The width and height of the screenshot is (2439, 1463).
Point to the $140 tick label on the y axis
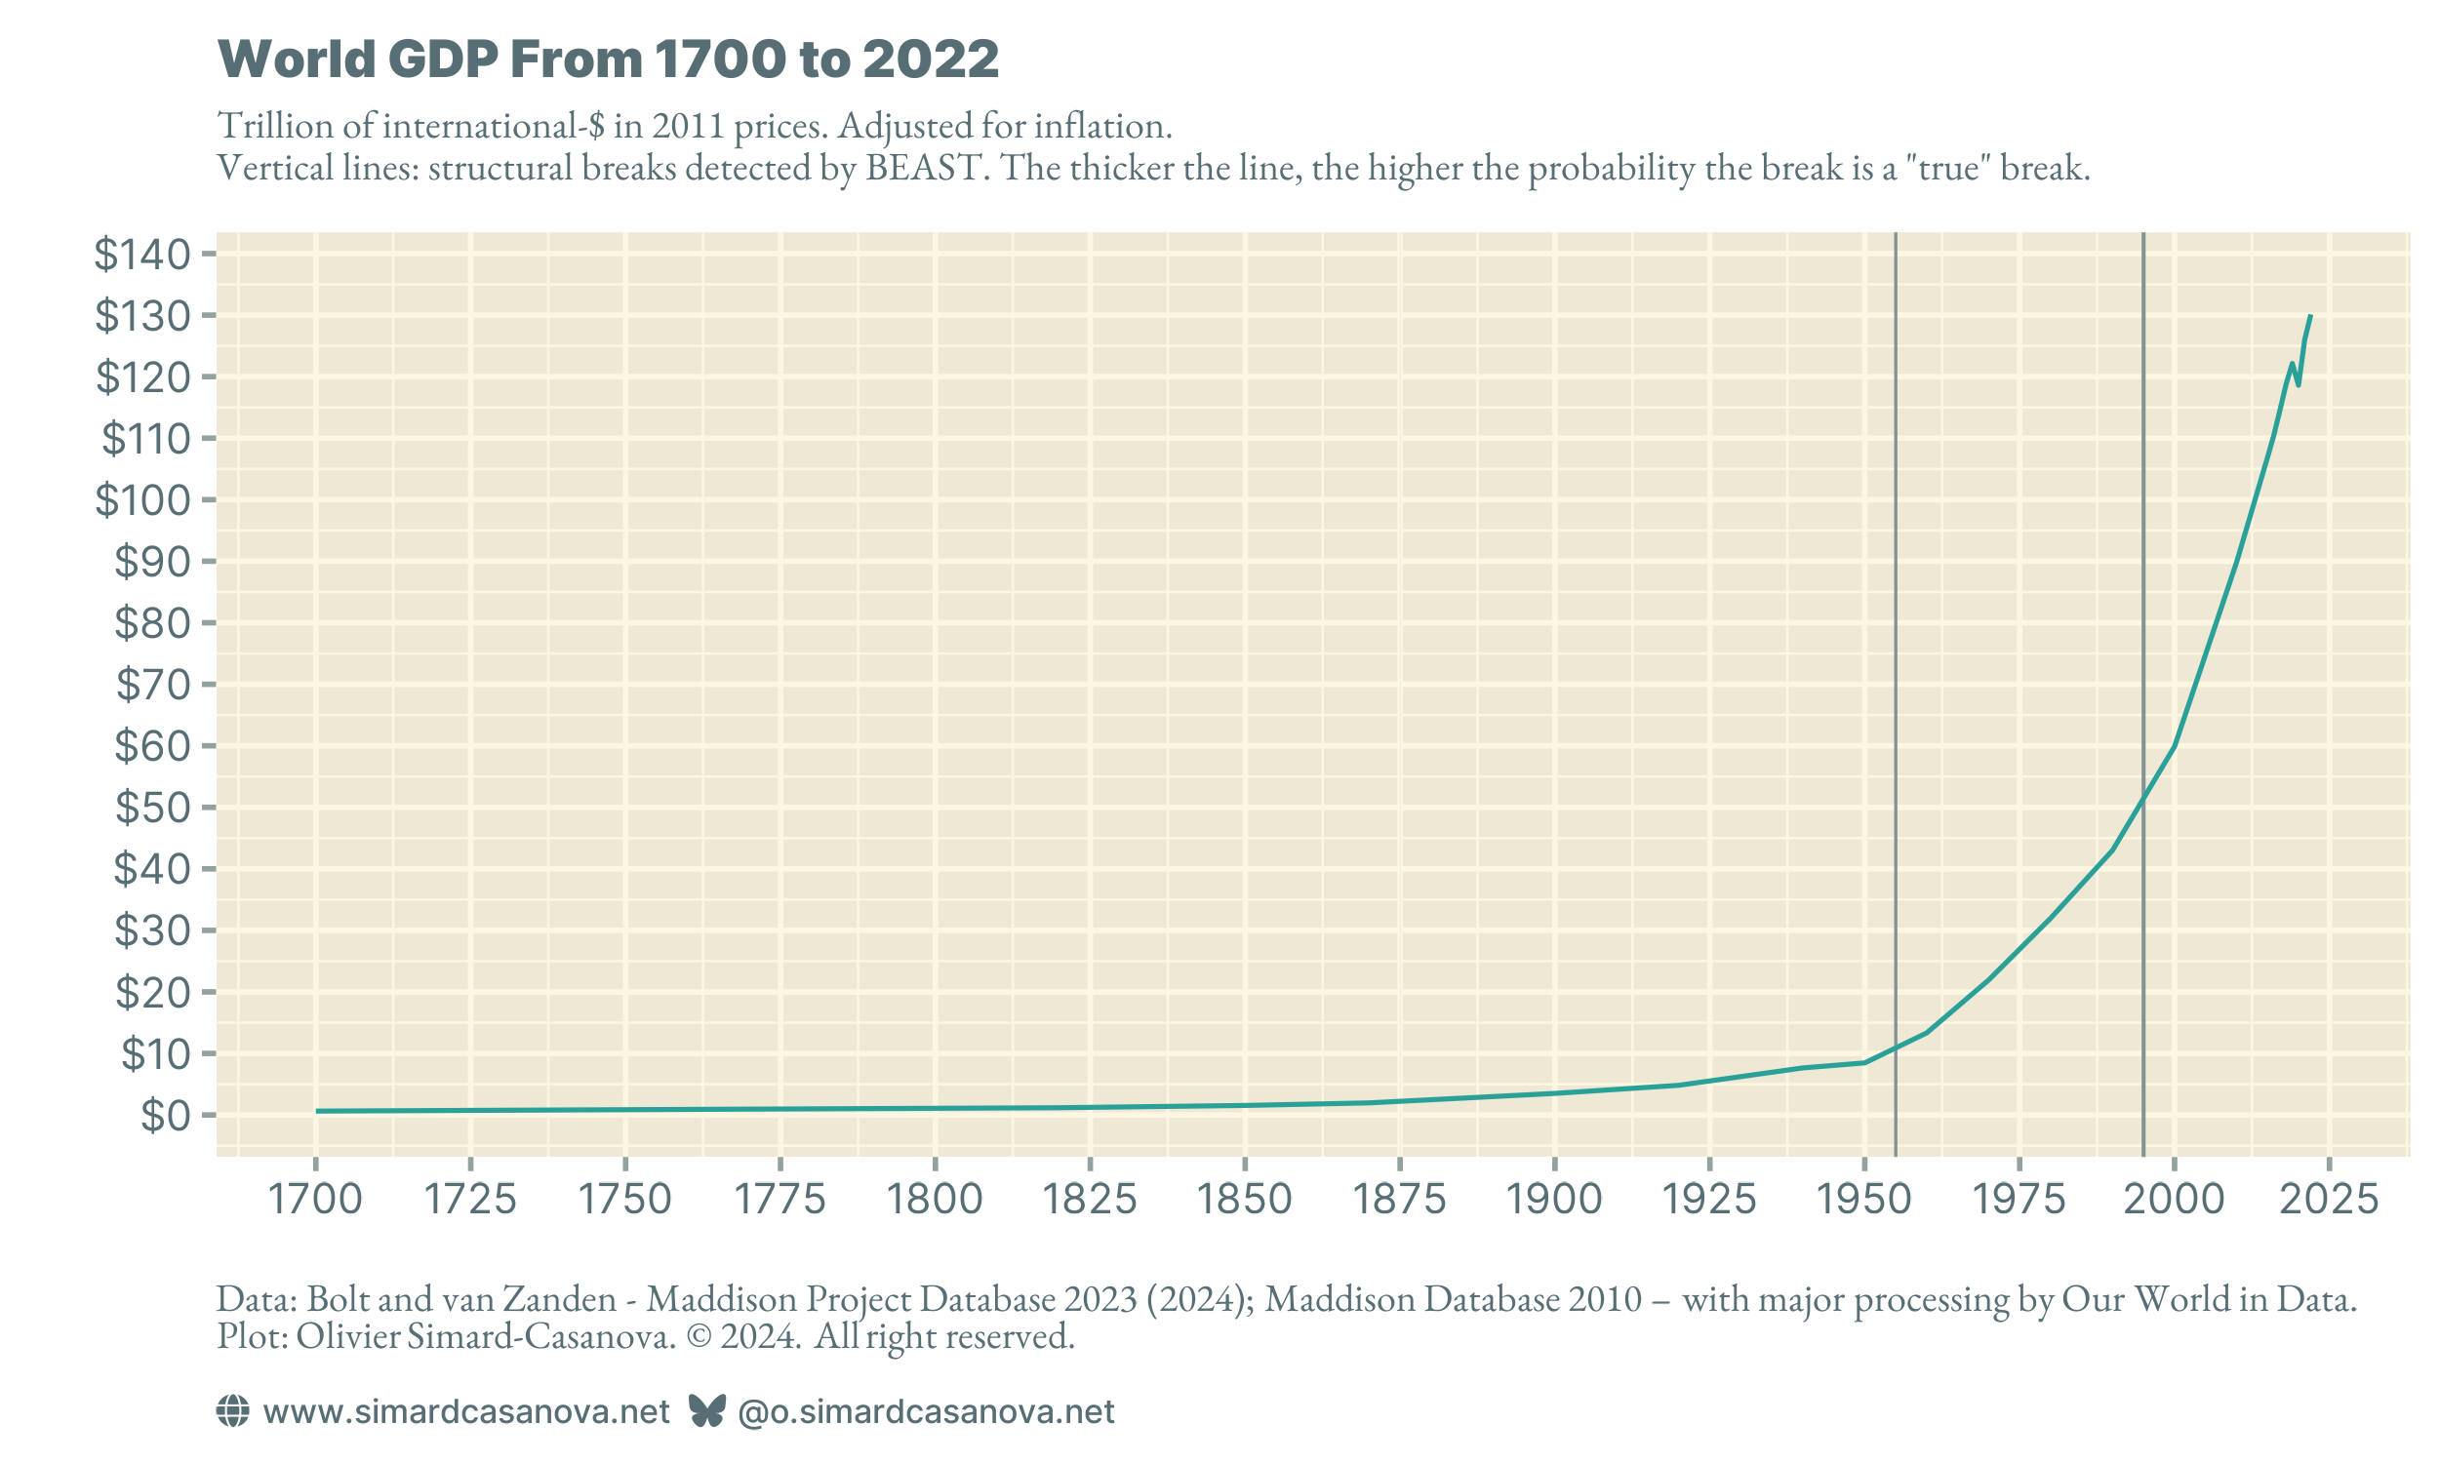click(142, 255)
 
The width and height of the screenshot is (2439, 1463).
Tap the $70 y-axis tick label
click(152, 684)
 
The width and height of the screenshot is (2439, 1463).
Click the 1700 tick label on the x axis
click(315, 1200)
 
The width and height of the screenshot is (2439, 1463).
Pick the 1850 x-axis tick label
click(1244, 1200)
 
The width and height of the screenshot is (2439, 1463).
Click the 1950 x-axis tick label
click(1863, 1200)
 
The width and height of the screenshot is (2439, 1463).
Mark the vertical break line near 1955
click(1896, 591)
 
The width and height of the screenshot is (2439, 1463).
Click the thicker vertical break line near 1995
click(2143, 591)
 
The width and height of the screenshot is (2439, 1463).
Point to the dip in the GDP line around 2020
click(2298, 383)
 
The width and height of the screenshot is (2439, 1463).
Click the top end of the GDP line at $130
click(2310, 317)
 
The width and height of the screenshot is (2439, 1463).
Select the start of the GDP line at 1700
click(318, 1111)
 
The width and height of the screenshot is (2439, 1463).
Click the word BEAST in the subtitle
click(926, 169)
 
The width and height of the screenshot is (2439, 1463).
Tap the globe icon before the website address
click(232, 1411)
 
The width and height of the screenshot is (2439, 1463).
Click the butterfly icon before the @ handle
click(707, 1411)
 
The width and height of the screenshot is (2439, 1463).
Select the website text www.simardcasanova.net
click(466, 1412)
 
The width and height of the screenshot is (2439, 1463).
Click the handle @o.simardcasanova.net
click(926, 1412)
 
